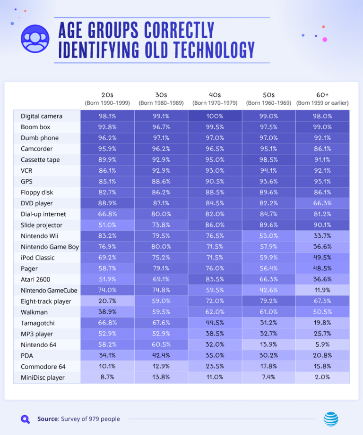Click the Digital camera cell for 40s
click(215, 116)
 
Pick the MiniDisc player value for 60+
click(322, 377)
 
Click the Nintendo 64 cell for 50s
click(268, 345)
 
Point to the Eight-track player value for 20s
click(107, 301)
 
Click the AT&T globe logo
click(331, 418)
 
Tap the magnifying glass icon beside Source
click(26, 419)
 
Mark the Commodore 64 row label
click(43, 367)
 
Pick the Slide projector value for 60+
click(322, 225)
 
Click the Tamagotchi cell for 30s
click(161, 323)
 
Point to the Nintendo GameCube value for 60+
click(322, 290)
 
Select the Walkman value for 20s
click(107, 312)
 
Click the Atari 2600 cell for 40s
click(215, 279)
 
